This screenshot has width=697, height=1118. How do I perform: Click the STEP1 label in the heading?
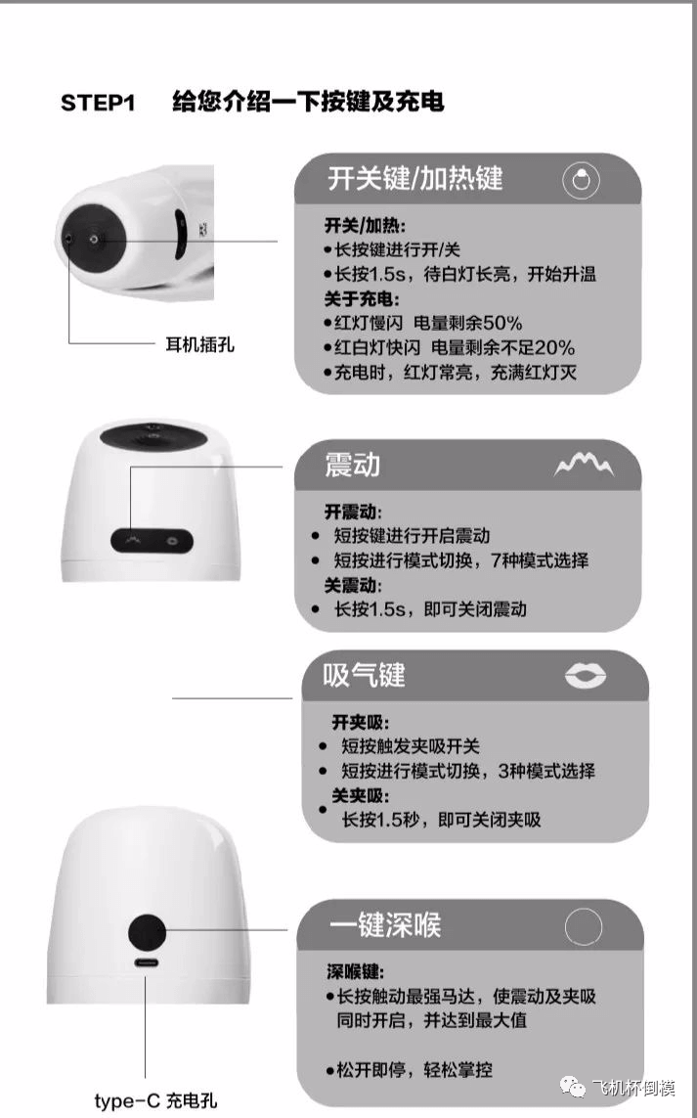(98, 103)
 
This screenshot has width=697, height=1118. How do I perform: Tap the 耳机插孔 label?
(199, 345)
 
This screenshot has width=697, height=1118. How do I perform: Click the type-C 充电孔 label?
(156, 1100)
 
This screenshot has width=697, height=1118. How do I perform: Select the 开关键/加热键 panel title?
(415, 178)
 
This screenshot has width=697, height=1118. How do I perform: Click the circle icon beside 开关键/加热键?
(581, 180)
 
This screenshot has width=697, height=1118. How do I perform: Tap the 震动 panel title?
(352, 465)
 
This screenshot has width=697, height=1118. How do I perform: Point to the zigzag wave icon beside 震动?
(584, 465)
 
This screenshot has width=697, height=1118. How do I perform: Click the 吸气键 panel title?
(364, 675)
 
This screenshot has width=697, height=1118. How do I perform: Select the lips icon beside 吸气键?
(586, 675)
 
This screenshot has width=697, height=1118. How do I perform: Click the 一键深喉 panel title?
(385, 924)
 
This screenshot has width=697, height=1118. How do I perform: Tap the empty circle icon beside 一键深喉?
(583, 926)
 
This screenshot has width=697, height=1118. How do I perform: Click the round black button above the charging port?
(147, 932)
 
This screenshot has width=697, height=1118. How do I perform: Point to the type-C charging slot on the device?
(147, 962)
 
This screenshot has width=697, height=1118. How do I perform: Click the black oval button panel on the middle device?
(152, 541)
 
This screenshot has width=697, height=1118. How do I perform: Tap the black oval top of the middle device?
(152, 435)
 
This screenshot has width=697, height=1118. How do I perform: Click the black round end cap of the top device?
(94, 239)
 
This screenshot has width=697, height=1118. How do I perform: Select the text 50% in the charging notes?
(503, 323)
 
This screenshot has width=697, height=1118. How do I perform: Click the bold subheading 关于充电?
(362, 298)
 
